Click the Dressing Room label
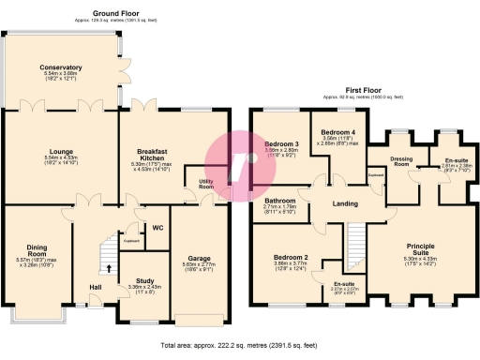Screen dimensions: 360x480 [x=401, y=160]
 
